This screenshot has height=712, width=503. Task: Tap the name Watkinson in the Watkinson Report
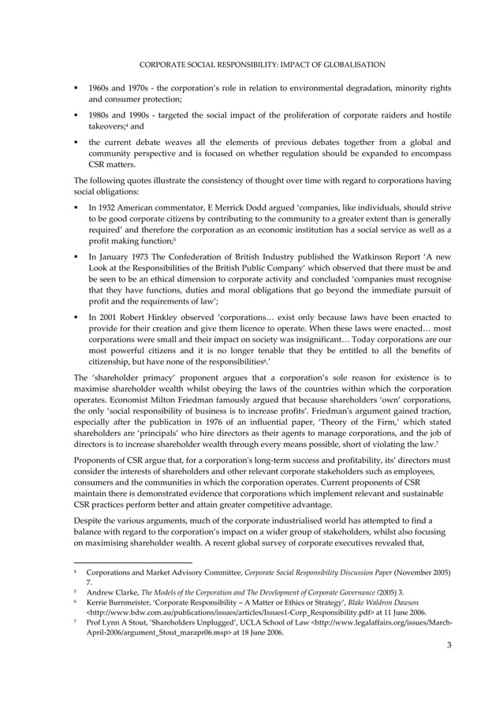coord(370,256)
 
